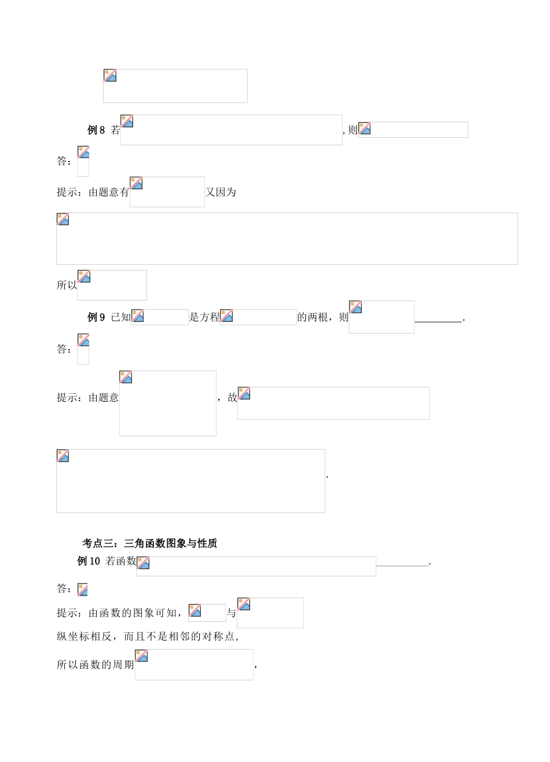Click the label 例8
(x=96, y=130)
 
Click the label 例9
(x=96, y=317)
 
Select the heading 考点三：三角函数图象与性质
(x=150, y=543)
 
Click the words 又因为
(x=221, y=192)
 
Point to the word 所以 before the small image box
(x=67, y=285)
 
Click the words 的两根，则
(x=322, y=317)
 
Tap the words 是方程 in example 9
(x=204, y=317)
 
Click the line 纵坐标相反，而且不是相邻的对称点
(x=148, y=636)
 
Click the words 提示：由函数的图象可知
(x=118, y=613)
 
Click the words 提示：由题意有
(x=93, y=192)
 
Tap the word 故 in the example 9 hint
(x=232, y=397)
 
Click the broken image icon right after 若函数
(x=143, y=563)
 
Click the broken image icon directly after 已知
(x=138, y=316)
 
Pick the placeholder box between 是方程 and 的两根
(x=258, y=317)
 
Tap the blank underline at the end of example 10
(x=402, y=563)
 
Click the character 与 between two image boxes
(x=231, y=613)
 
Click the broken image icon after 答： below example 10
(x=83, y=589)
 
